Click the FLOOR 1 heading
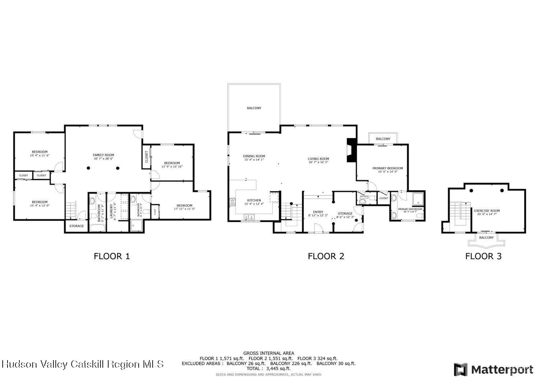point(111,256)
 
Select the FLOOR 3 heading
point(483,256)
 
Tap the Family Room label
point(103,155)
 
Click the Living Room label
point(318,159)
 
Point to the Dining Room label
point(254,156)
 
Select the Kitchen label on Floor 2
point(254,200)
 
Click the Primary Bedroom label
point(387,168)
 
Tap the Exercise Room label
point(487,211)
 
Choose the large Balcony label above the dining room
point(254,108)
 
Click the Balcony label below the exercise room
point(486,238)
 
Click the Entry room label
point(318,212)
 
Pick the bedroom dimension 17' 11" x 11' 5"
point(184,209)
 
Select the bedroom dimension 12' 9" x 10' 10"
point(172,166)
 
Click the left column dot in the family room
point(88,168)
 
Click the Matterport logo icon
point(461,369)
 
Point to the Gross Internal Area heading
point(268,353)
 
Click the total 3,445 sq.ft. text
point(268,368)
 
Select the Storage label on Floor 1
point(77,226)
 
